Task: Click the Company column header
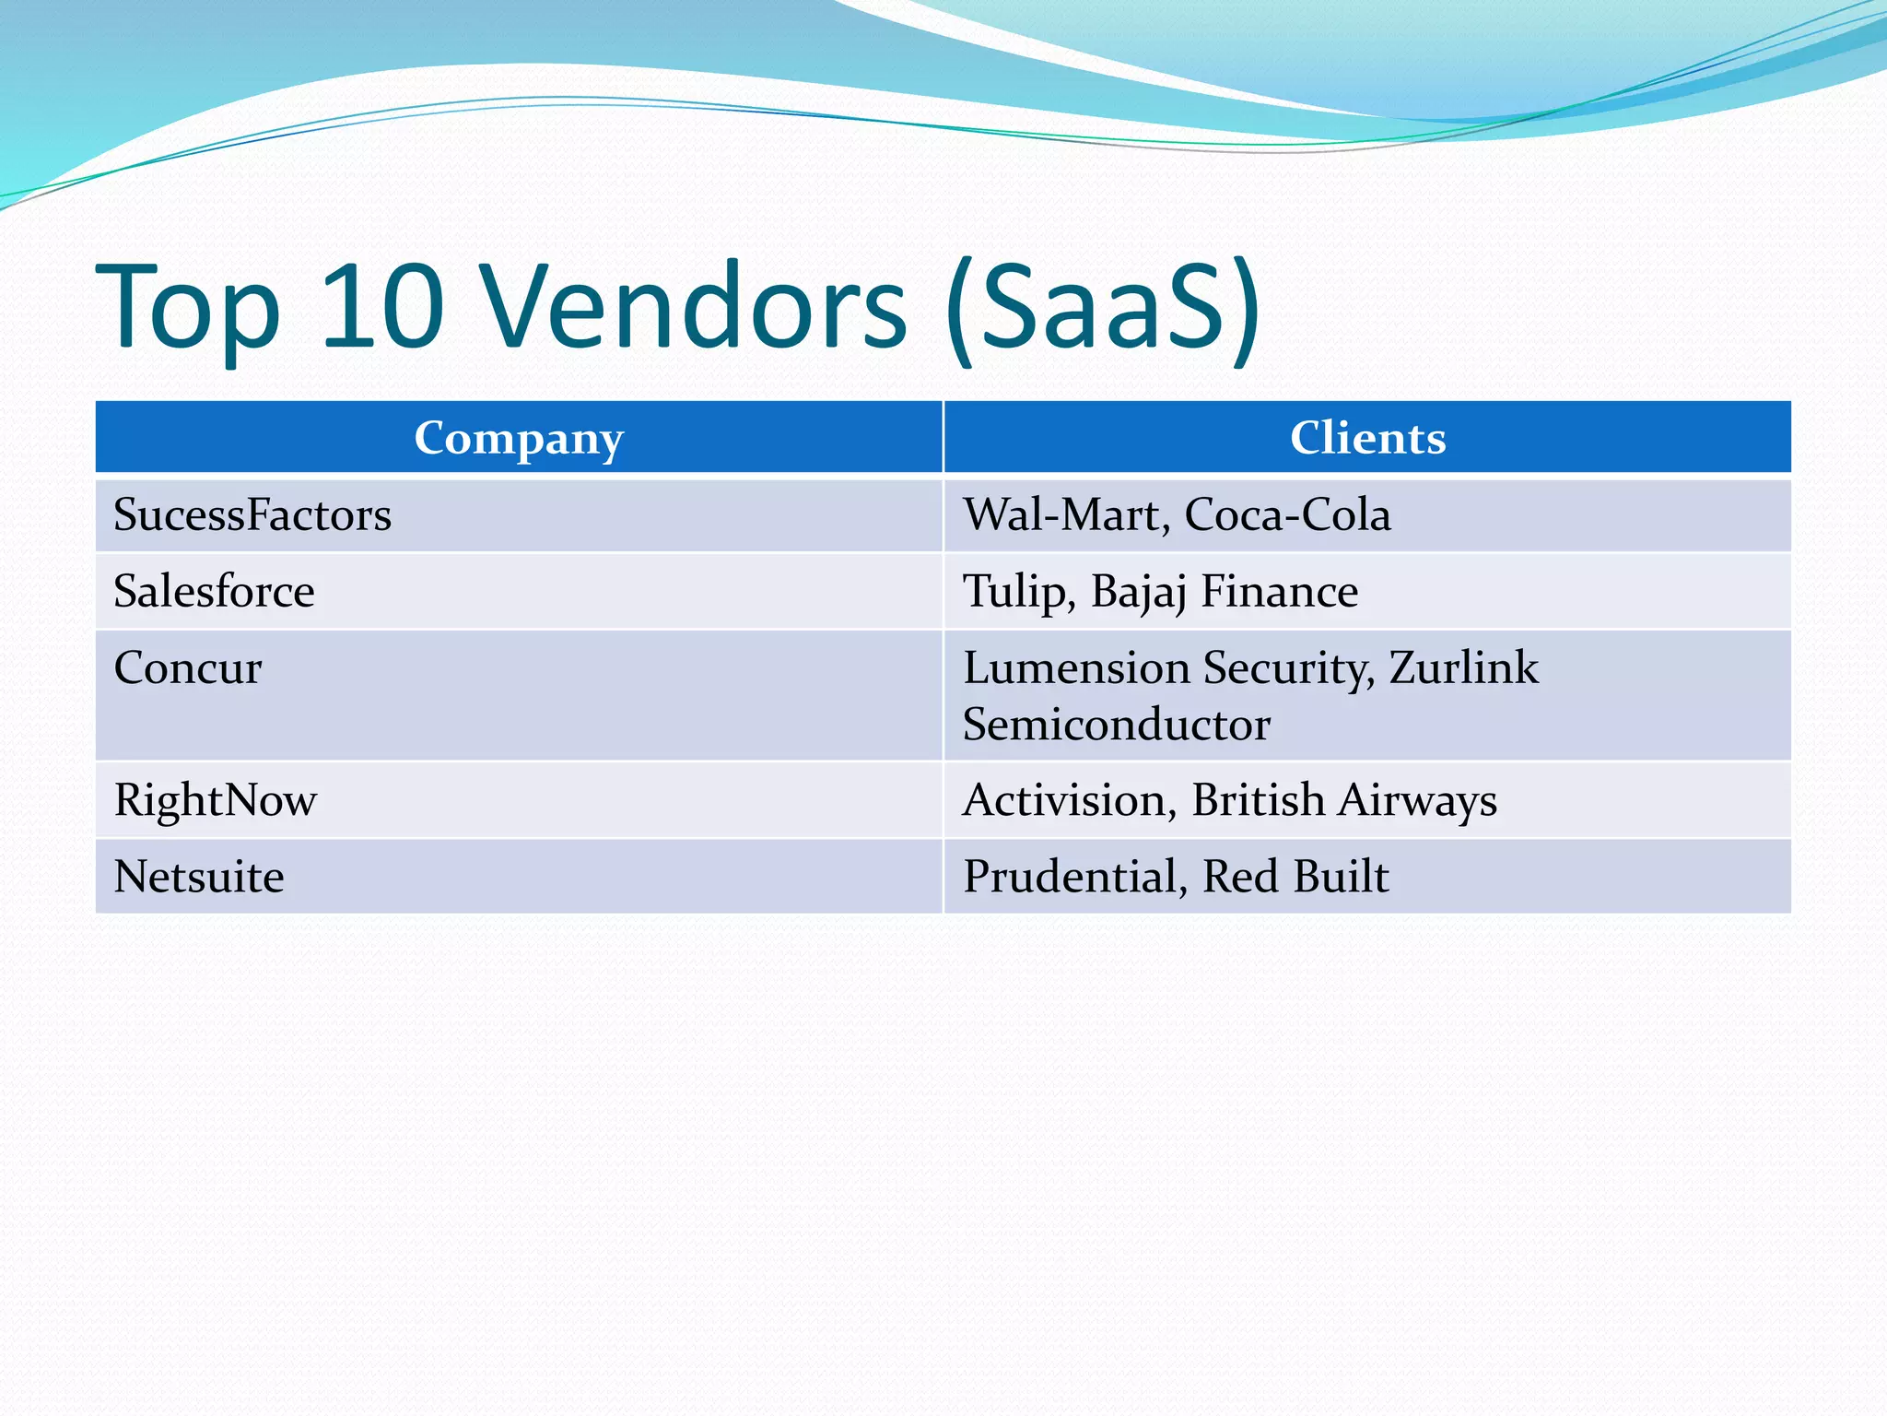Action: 519,438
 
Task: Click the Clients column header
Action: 1367,438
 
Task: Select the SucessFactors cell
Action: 252,514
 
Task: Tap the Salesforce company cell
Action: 214,591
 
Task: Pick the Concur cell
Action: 188,667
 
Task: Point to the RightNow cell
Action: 216,800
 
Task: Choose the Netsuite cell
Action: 199,877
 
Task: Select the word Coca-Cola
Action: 1287,514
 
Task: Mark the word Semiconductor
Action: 1117,725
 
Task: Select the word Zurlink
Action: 1463,667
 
